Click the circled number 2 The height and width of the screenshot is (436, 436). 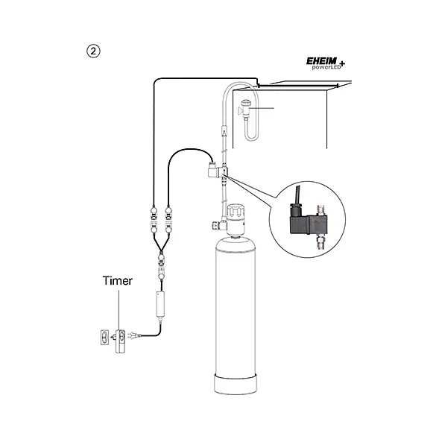(93, 51)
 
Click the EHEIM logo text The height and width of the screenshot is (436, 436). (321, 61)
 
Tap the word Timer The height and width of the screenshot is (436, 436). (117, 281)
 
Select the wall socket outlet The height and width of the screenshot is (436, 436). (104, 337)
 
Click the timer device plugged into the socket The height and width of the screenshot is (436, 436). (120, 341)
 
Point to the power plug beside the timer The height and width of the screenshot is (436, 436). (134, 336)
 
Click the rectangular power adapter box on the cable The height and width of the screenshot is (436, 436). (160, 305)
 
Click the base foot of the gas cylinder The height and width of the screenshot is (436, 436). (236, 384)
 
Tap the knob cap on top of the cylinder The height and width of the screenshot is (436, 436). (236, 212)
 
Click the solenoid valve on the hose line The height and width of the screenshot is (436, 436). (218, 171)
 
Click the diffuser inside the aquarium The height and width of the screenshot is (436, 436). (244, 109)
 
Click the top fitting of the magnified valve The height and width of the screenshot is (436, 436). (320, 210)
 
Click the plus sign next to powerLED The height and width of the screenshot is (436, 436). (342, 63)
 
